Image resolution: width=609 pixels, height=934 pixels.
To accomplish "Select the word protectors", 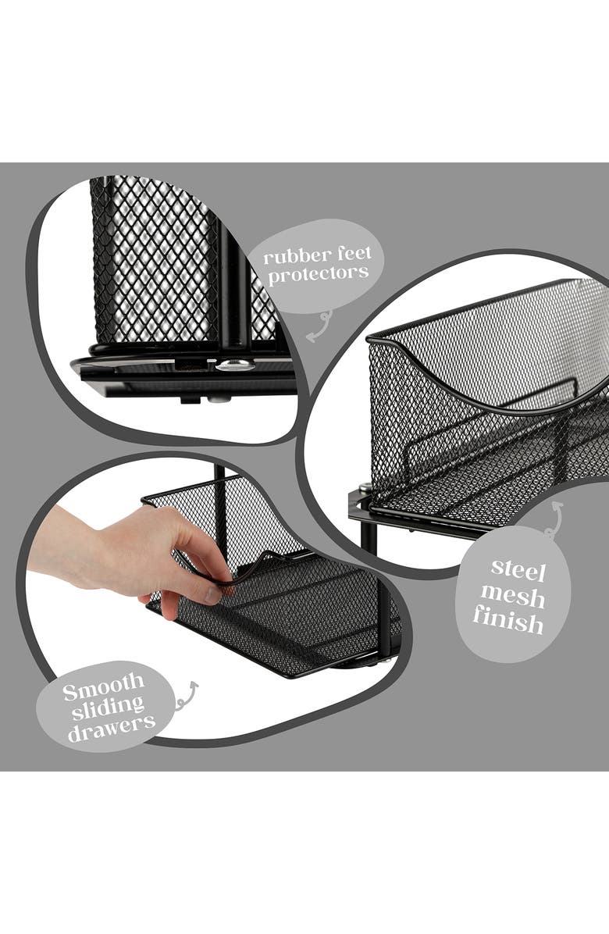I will (x=318, y=274).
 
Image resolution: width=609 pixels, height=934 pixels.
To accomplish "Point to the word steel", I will (x=518, y=569).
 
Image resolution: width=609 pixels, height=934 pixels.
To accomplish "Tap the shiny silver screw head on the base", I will (x=235, y=365).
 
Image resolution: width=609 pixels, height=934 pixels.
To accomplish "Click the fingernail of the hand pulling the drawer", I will (x=212, y=594).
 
